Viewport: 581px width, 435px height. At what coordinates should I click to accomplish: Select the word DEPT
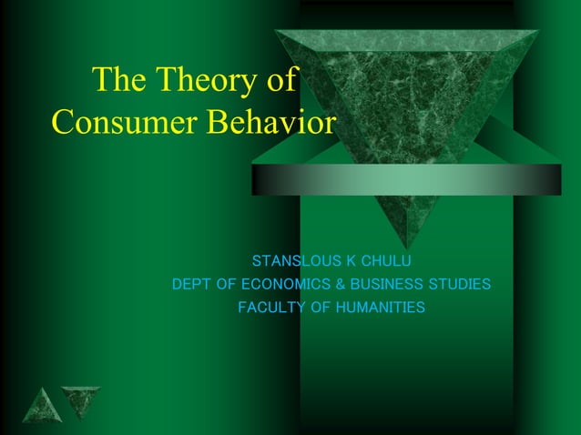tap(192, 285)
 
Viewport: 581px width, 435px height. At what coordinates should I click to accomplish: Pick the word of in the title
tap(280, 81)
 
